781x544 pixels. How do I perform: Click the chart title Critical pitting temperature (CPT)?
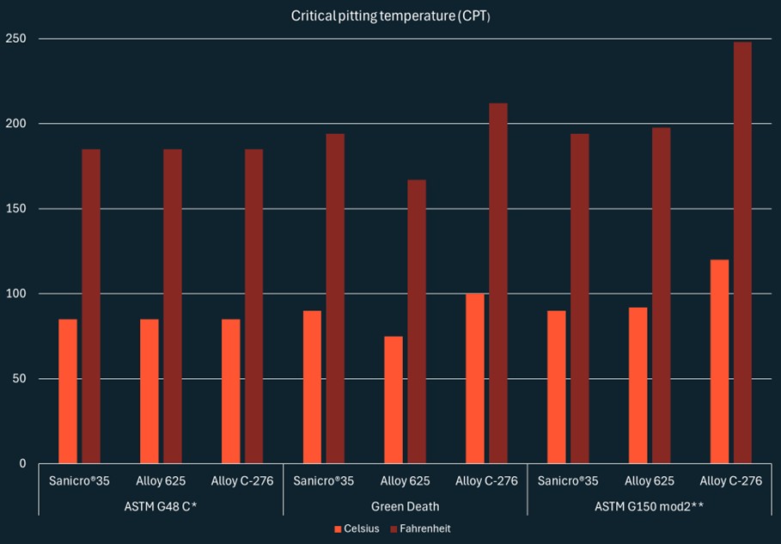click(x=391, y=16)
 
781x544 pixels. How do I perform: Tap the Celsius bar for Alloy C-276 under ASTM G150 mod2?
click(x=719, y=361)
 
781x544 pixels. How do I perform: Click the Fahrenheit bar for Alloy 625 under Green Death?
click(x=417, y=321)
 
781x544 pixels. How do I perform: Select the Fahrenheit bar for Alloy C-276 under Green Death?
click(x=498, y=284)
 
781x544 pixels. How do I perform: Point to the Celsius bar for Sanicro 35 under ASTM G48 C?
click(x=68, y=391)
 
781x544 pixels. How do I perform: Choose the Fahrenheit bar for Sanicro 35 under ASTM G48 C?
click(x=91, y=306)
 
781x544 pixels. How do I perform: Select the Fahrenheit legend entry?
click(x=422, y=529)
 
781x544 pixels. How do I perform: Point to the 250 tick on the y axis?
click(x=17, y=39)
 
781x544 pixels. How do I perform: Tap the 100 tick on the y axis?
click(x=17, y=294)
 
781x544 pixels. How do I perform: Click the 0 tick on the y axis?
click(x=23, y=464)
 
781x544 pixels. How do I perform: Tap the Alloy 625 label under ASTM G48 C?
click(x=161, y=481)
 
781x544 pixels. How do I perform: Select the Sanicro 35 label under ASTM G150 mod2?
click(x=568, y=481)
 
